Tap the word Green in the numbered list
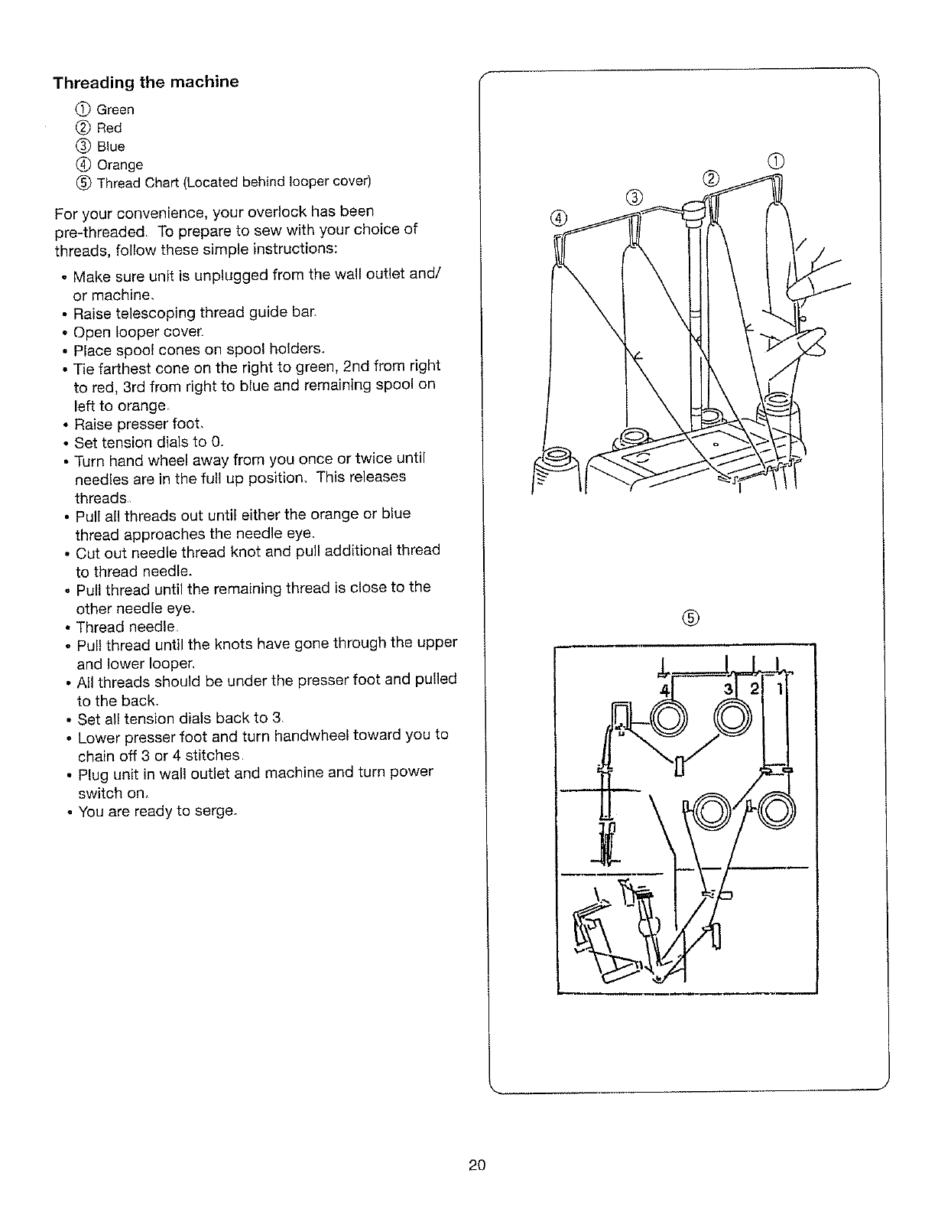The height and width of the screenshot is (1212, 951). pyautogui.click(x=115, y=110)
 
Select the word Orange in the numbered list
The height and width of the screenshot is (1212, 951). pyautogui.click(x=120, y=165)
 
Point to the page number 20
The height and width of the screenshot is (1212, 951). pyautogui.click(x=478, y=1166)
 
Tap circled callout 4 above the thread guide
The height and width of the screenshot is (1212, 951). pyautogui.click(x=560, y=217)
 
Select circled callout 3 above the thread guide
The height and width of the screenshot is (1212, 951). pyautogui.click(x=635, y=196)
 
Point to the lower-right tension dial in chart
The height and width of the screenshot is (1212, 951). pyautogui.click(x=777, y=810)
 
